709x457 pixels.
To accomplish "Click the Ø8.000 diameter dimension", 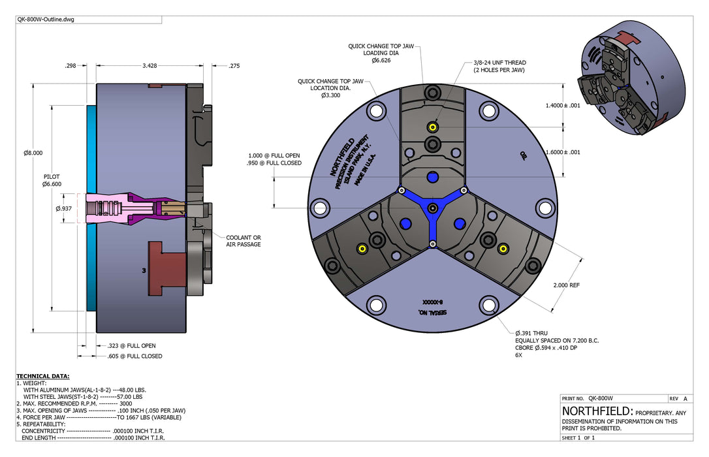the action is coord(33,153).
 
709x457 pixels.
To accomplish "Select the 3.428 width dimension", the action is coord(150,65).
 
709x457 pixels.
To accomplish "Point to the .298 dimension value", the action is coord(71,65).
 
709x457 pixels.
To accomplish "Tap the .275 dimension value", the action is coord(234,65).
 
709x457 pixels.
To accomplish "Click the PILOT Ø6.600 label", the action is coord(52,180).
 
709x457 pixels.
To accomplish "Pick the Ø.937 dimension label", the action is coord(64,208).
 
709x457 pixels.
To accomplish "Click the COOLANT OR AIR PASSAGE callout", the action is coord(244,241).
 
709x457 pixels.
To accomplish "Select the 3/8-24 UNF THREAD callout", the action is coord(499,67).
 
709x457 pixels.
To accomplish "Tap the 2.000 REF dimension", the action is coord(566,285).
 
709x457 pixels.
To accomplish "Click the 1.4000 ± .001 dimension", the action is coord(563,105).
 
